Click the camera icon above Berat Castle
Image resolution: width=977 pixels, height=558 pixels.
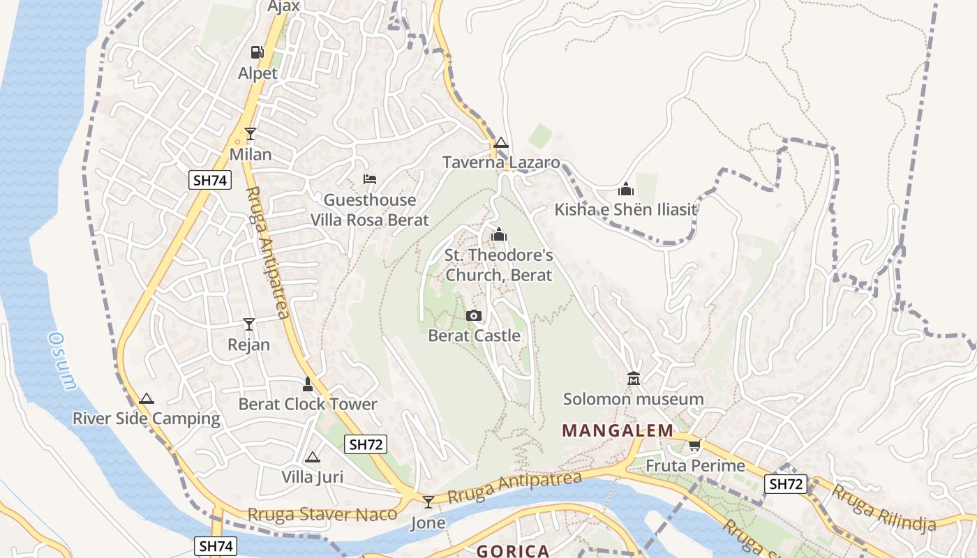(x=474, y=316)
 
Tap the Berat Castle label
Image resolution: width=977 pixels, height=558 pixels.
(x=474, y=335)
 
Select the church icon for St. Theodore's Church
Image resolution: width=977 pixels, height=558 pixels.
(x=498, y=235)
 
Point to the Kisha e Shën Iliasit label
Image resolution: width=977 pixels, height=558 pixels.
(x=626, y=209)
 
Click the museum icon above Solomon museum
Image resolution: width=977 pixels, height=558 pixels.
(x=633, y=379)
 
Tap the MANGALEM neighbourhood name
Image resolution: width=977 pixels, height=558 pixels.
(x=618, y=430)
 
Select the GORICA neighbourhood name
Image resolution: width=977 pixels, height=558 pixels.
(x=513, y=551)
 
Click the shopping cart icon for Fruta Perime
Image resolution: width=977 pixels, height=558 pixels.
(x=694, y=445)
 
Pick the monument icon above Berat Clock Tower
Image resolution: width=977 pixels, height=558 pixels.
(x=307, y=384)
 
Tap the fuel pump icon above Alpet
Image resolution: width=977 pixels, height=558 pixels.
(x=258, y=52)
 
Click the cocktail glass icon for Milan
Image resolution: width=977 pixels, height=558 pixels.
(x=251, y=134)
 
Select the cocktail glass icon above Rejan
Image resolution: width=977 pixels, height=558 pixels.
(x=248, y=324)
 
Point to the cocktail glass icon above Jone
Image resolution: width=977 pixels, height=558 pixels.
(x=428, y=502)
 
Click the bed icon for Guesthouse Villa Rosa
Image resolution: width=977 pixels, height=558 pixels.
(x=370, y=180)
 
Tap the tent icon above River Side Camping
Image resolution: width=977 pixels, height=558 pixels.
(x=146, y=399)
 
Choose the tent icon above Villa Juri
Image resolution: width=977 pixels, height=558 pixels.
(x=312, y=458)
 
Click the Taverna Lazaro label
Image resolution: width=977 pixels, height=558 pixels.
(x=501, y=163)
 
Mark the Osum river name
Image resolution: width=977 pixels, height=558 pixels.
(x=61, y=360)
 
